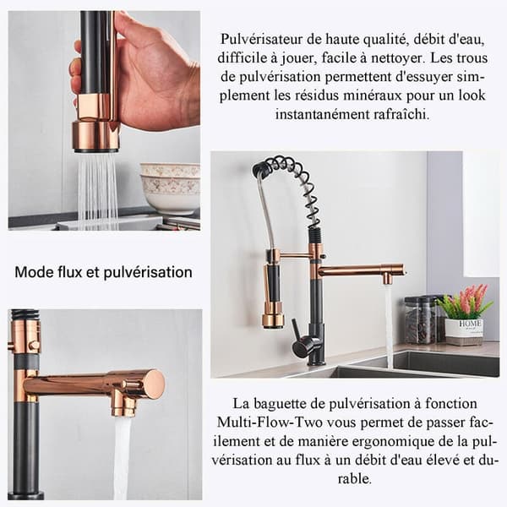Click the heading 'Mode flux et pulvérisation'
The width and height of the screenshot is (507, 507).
coord(103,272)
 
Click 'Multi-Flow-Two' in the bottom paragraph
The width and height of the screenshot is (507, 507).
coord(270,422)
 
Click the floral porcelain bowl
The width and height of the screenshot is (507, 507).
coord(170,188)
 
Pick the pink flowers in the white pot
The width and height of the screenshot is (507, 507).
coord(466,300)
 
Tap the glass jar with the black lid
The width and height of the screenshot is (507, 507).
coord(421,320)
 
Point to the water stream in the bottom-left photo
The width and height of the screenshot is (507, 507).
coord(123,459)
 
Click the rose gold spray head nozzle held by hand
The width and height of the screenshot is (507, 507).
coord(97,136)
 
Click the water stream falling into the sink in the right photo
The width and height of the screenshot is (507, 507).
coord(389,326)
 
